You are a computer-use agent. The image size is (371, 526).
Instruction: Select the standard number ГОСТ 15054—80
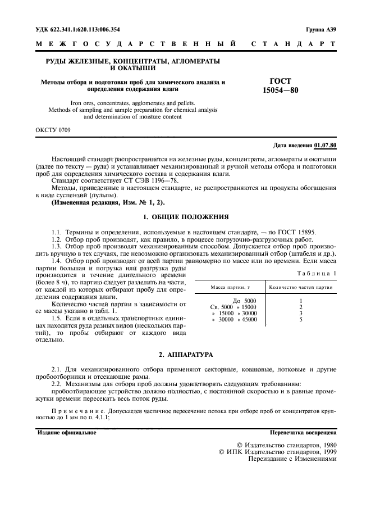[277, 86]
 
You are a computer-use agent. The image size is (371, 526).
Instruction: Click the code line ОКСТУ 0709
[53, 130]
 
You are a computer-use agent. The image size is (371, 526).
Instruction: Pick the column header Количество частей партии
[301, 287]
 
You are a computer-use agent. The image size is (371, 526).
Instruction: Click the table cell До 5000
[244, 301]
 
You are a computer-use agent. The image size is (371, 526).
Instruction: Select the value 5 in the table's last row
[301, 319]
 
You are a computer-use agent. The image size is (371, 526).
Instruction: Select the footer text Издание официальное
[67, 433]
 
